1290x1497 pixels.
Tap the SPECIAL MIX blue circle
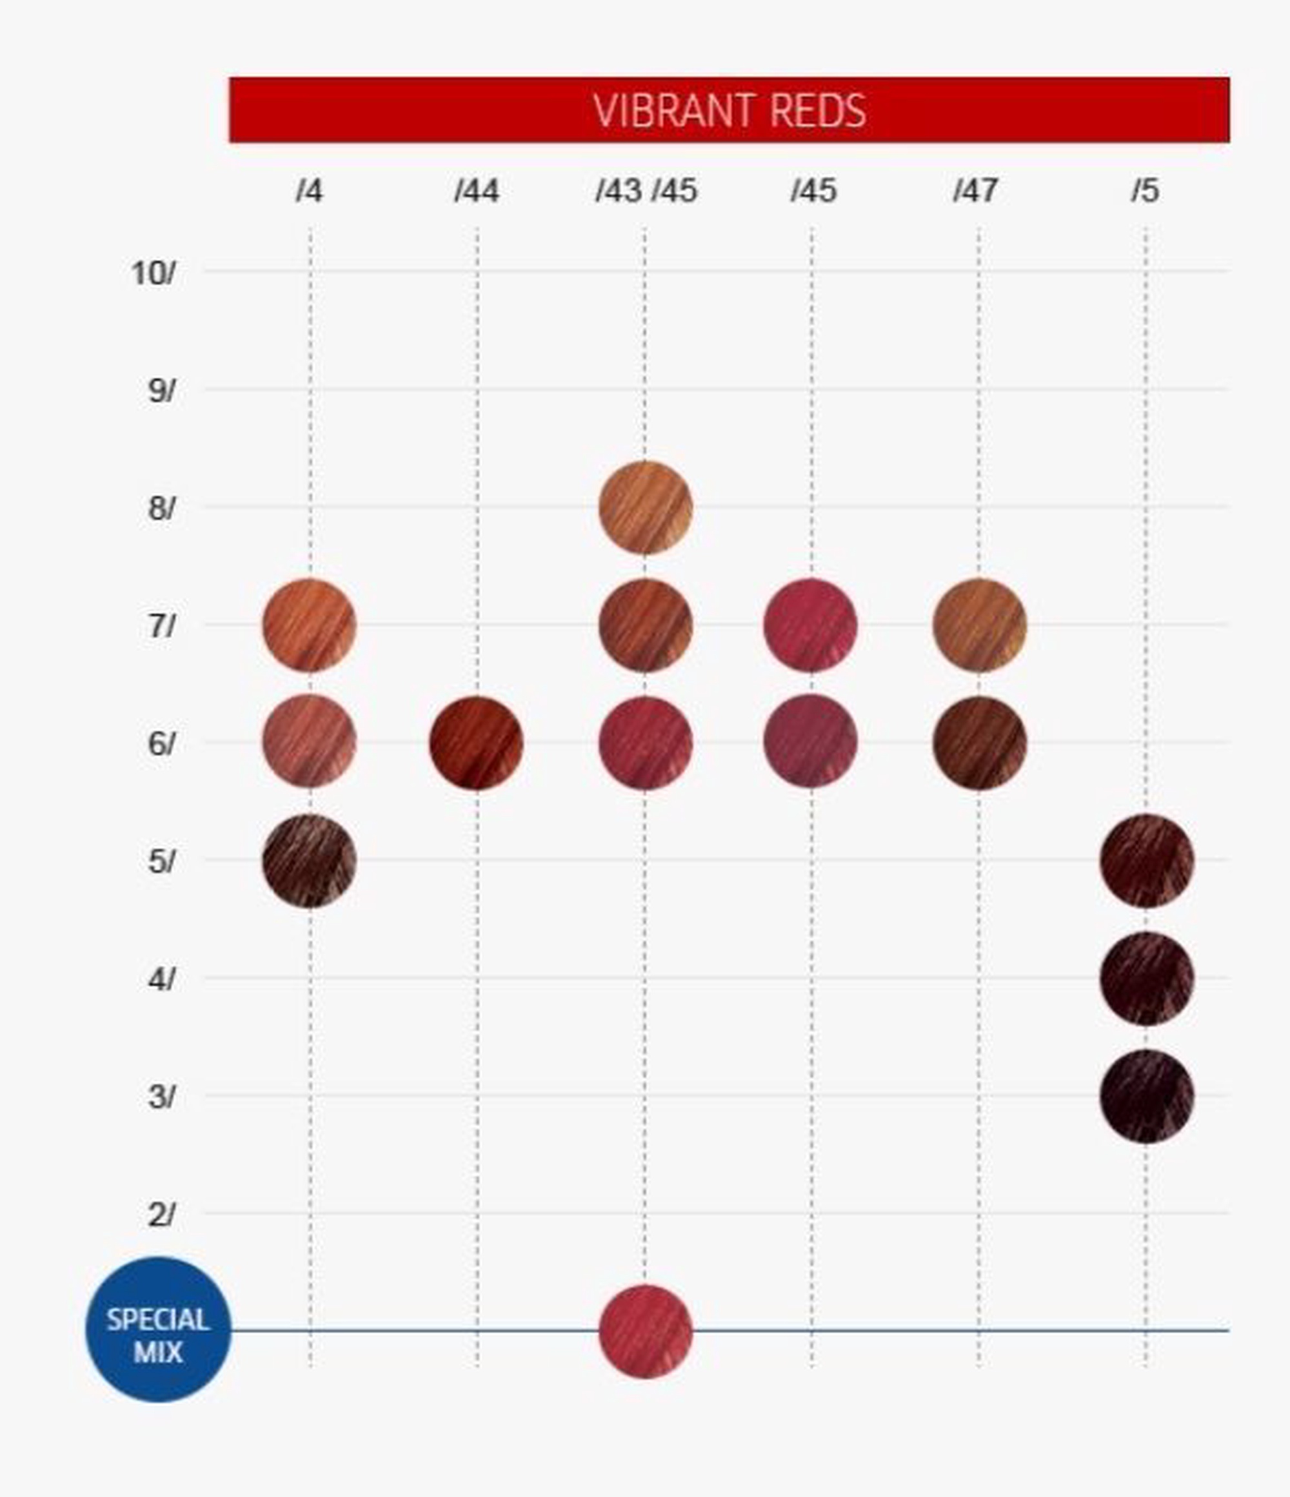pos(158,1330)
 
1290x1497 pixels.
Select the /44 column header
pos(477,191)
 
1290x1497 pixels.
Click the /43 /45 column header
pos(646,191)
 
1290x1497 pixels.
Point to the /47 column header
pos(976,191)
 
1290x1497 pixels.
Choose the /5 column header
pos(1146,191)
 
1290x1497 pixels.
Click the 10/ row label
pos(152,274)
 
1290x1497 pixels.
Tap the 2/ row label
pos(161,1216)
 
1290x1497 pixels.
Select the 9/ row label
pos(161,391)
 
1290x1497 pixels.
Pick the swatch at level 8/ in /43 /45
pos(646,508)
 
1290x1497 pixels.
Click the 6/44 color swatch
pos(476,743)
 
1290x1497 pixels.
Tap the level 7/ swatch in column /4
pos(310,625)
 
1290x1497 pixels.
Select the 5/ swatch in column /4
pos(310,861)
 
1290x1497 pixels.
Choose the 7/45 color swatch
pos(811,625)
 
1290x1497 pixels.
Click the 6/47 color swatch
pos(979,743)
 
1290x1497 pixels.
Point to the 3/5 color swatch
pos(1147,1096)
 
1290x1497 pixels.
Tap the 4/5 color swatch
pos(1147,978)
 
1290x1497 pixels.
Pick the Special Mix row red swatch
pos(646,1331)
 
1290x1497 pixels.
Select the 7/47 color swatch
pos(979,625)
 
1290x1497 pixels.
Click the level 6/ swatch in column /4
pos(310,742)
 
